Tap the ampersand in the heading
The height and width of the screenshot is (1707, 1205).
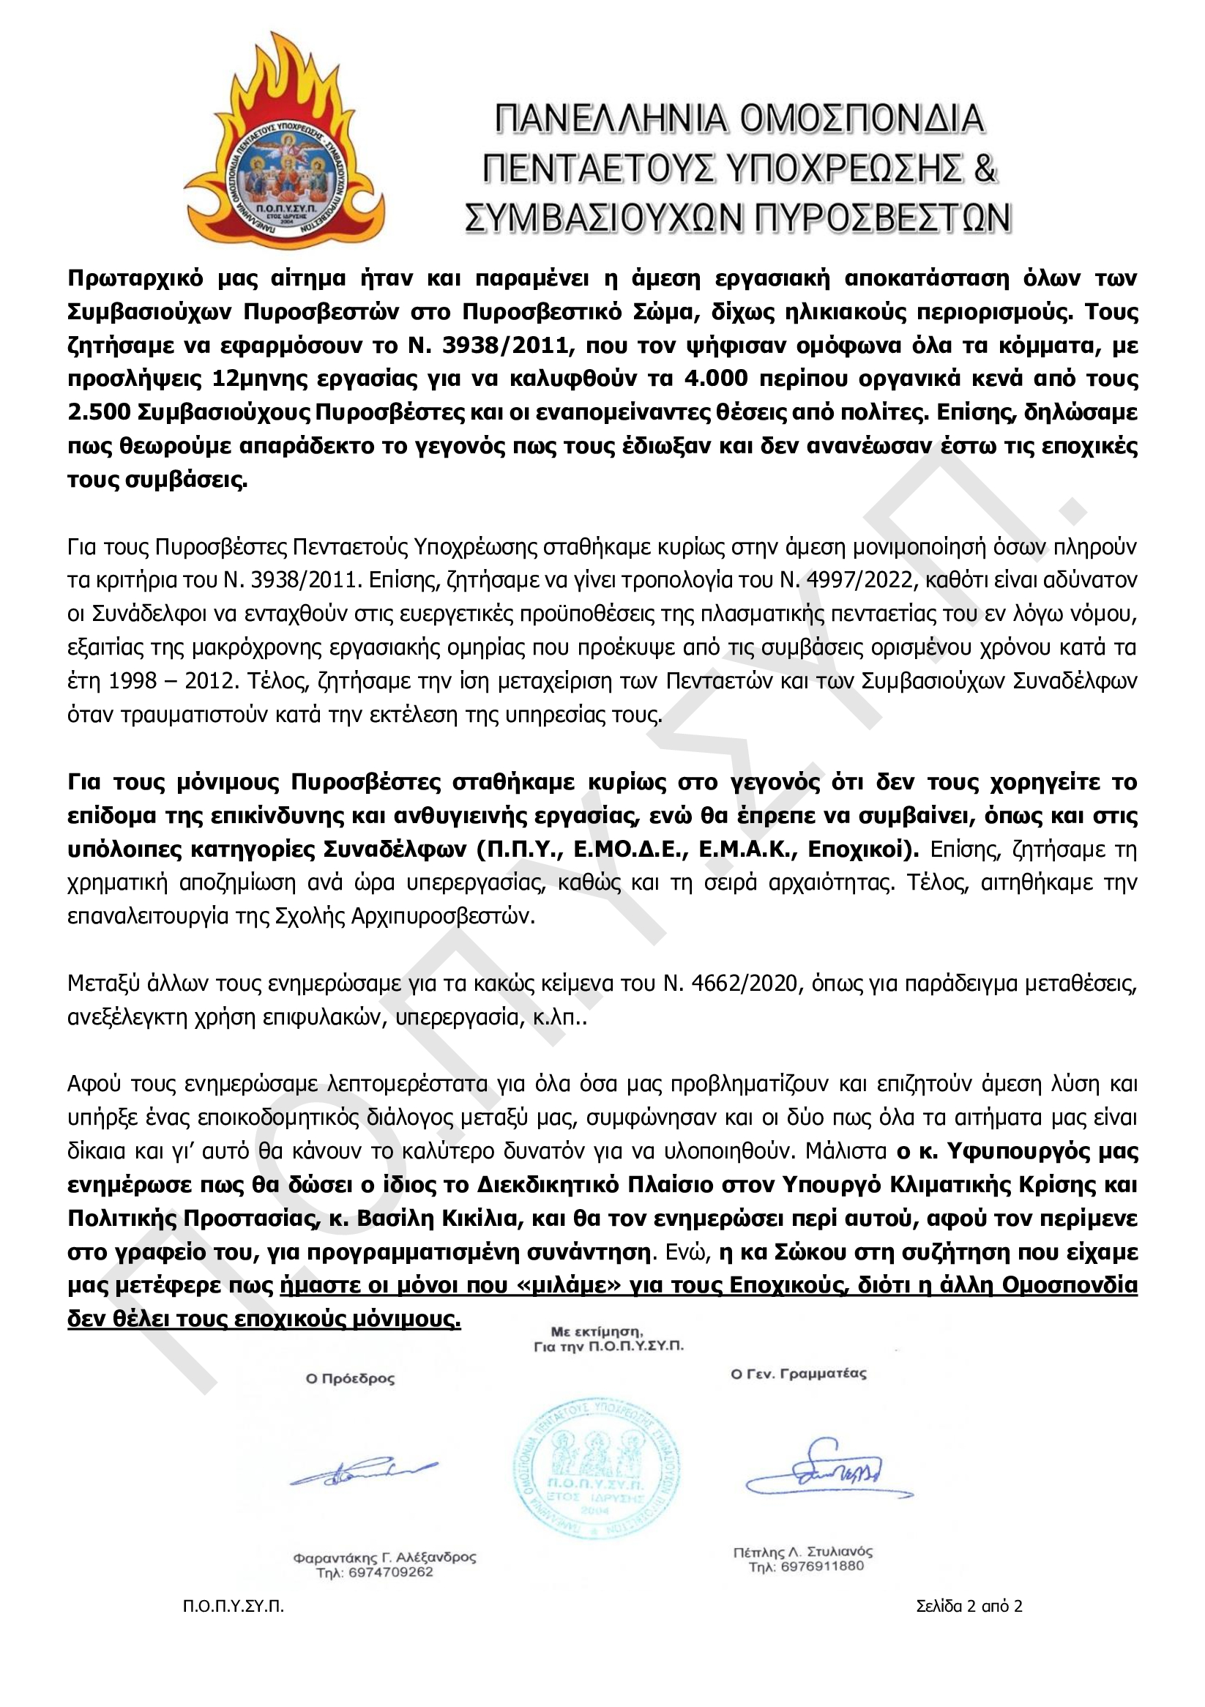[x=984, y=168]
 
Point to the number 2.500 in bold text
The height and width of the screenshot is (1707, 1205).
[x=98, y=412]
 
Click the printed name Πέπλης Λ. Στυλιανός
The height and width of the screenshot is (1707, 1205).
[x=803, y=1552]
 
